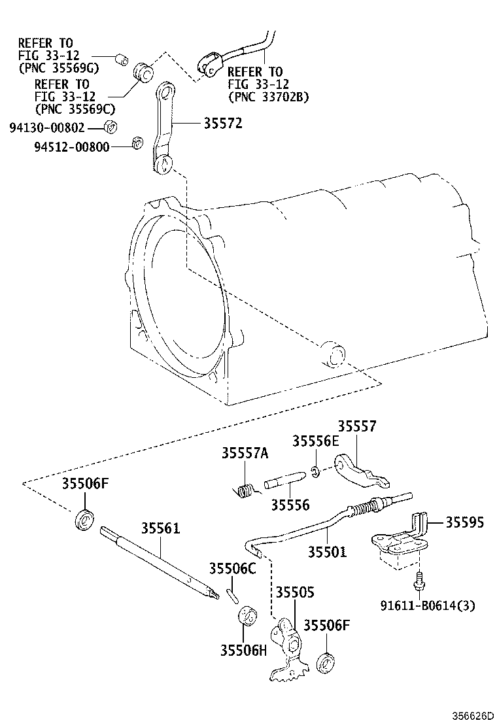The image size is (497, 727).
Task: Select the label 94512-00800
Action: coord(71,146)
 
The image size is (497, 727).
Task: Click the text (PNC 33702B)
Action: coord(268,97)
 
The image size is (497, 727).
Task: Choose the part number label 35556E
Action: coord(316,441)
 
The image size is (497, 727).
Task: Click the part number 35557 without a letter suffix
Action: coord(357,426)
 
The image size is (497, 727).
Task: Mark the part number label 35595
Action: coord(465,522)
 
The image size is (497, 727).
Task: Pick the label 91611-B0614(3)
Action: coord(428,605)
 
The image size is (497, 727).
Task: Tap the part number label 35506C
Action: coord(232,569)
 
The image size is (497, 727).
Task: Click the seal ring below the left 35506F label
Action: coord(85,520)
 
